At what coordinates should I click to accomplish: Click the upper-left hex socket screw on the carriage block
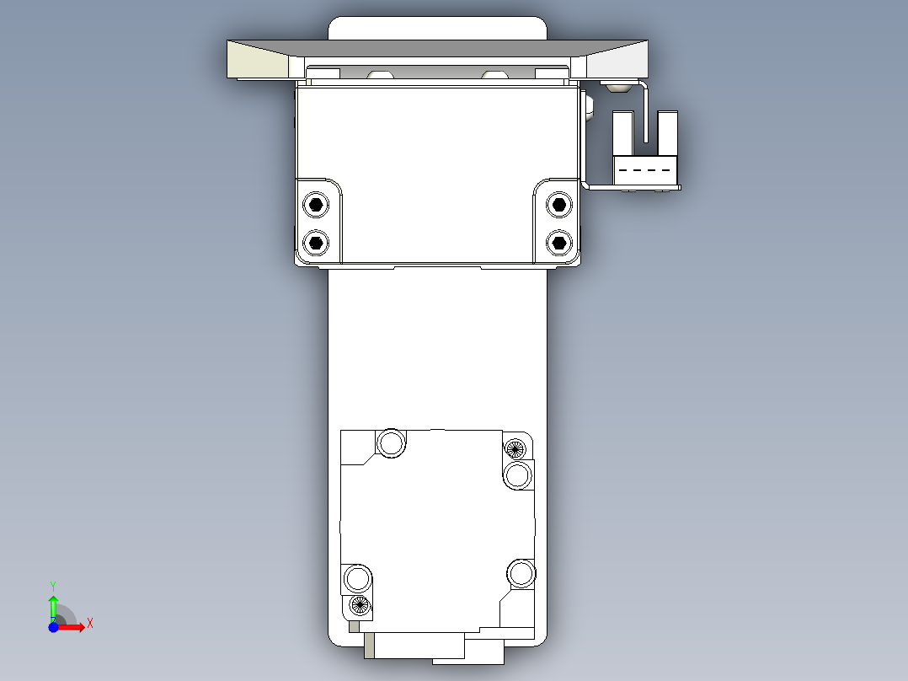pos(316,204)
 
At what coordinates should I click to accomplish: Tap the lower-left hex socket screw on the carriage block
pos(316,243)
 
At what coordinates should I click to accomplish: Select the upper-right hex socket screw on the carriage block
pos(557,204)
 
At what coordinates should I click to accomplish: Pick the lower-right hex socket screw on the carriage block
pos(557,243)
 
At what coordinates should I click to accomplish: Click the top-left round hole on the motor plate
pos(391,442)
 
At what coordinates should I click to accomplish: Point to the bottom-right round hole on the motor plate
pos(521,574)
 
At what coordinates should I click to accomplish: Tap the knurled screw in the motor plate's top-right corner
pos(515,448)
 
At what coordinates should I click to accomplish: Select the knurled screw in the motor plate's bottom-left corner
pos(360,604)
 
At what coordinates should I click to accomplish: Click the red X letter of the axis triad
pos(89,624)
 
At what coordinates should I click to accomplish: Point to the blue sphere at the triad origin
pos(53,627)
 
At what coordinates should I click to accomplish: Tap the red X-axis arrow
pos(72,627)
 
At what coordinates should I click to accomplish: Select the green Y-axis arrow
pos(53,607)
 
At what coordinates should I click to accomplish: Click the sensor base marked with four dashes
pos(645,170)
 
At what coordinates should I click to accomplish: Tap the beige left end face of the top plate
pos(257,62)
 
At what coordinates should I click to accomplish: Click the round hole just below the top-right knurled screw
pos(519,475)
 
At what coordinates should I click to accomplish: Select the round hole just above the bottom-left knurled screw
pos(357,579)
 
